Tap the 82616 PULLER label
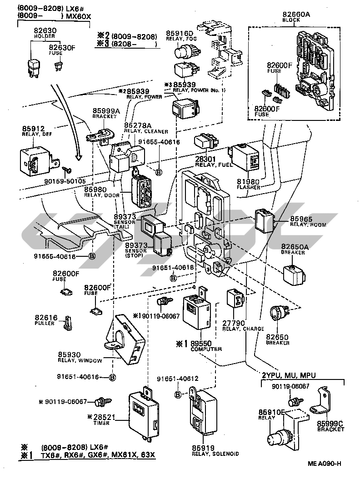45,320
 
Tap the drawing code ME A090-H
324,463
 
